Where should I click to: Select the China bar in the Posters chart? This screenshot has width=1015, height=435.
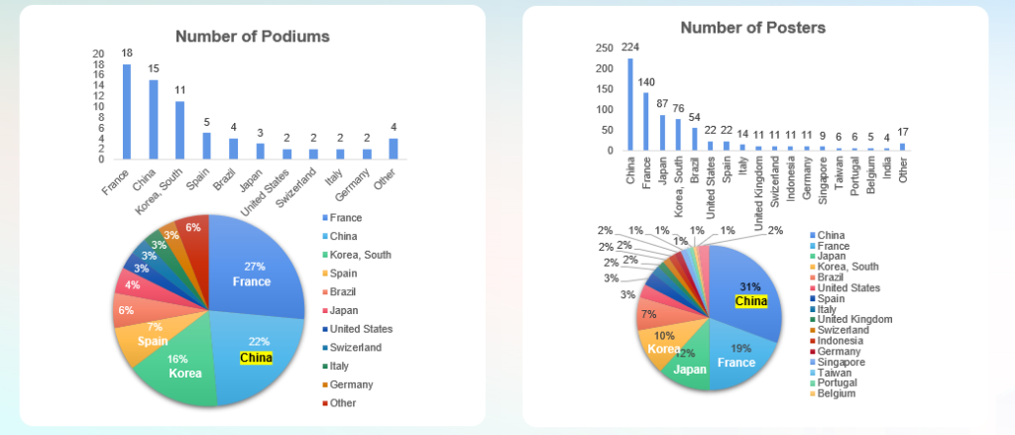point(629,105)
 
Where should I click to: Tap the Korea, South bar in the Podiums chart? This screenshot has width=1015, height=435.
point(179,130)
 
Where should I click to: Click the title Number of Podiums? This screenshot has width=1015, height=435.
point(253,37)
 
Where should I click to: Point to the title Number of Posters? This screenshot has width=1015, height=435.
point(752,28)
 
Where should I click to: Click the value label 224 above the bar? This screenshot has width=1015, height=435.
point(629,47)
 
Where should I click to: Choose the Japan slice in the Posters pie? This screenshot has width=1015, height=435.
point(691,367)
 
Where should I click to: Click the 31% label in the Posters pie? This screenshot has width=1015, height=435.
point(750,286)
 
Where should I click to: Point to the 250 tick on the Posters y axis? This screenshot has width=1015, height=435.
point(604,48)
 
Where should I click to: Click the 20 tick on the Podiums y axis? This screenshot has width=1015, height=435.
point(97,53)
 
